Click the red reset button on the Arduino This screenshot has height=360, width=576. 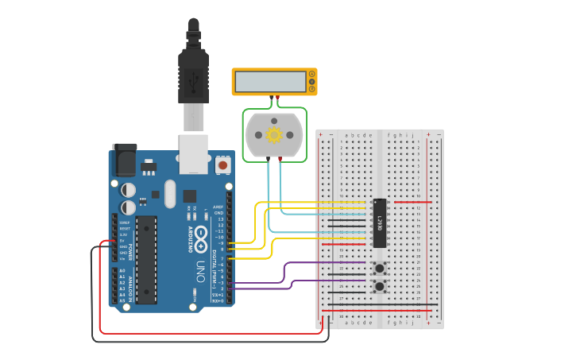pos(222,165)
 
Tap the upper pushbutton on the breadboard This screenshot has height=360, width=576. pos(380,267)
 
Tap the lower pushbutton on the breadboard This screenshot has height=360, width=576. pos(380,286)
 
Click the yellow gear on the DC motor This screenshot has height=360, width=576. pos(274,134)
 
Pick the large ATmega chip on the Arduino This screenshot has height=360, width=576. pos(145,259)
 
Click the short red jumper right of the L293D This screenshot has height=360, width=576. pos(412,202)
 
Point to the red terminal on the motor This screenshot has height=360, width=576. pos(280,160)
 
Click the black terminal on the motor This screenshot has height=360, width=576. pos(268,160)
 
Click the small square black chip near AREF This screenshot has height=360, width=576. pos(189,195)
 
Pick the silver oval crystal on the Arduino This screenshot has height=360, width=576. pos(169,193)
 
